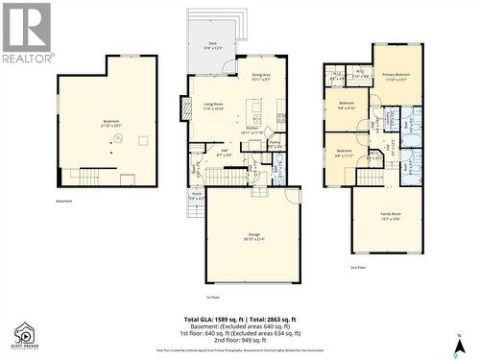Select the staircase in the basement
[x=84, y=175]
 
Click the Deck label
[x=212, y=45]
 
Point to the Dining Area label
[x=260, y=77]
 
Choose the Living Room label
[x=212, y=108]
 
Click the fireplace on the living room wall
[x=186, y=108]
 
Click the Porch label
[x=197, y=196]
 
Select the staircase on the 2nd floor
[x=370, y=176]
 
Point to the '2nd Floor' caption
[x=357, y=267]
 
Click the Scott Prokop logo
[x=24, y=336]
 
